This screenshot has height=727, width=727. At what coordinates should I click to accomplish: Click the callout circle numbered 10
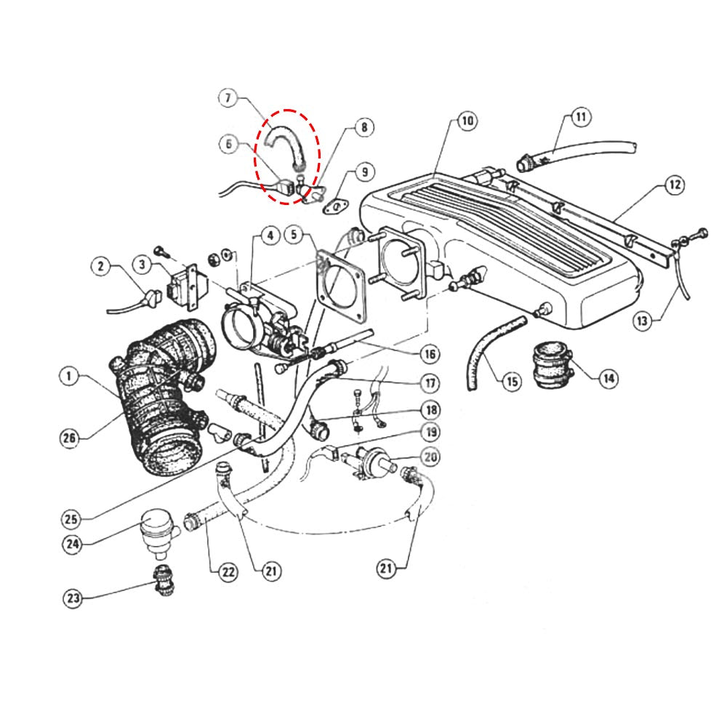(466, 121)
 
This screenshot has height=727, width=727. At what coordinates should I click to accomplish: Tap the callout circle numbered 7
(228, 98)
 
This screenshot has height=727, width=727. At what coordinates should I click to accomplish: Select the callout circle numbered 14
(608, 377)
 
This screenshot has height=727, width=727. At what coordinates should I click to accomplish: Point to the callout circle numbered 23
(73, 599)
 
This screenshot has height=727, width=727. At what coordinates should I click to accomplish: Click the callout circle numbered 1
(68, 376)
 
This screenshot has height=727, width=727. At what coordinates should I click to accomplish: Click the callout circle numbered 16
(430, 354)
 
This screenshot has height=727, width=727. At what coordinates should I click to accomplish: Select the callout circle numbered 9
(365, 172)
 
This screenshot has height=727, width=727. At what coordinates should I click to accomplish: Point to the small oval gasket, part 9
(336, 207)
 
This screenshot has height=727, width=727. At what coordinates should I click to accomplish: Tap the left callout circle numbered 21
(270, 571)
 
